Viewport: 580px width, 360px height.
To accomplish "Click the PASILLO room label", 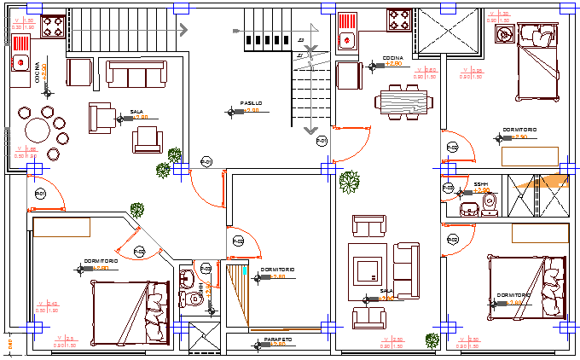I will (251, 103).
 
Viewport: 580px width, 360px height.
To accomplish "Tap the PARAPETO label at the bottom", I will (278, 340).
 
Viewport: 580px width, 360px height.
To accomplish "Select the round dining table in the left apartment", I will (38, 131).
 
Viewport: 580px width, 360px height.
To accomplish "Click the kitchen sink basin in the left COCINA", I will (20, 62).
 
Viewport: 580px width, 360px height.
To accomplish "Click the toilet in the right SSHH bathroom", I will (489, 202).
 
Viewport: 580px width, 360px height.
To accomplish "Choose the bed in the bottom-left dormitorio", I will (128, 311).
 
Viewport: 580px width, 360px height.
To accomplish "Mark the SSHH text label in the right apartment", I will (480, 183).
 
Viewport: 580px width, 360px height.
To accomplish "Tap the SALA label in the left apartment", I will (136, 111).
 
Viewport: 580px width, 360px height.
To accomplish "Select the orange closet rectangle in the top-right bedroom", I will (529, 156).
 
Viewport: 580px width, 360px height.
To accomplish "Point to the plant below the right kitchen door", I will (349, 181).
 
